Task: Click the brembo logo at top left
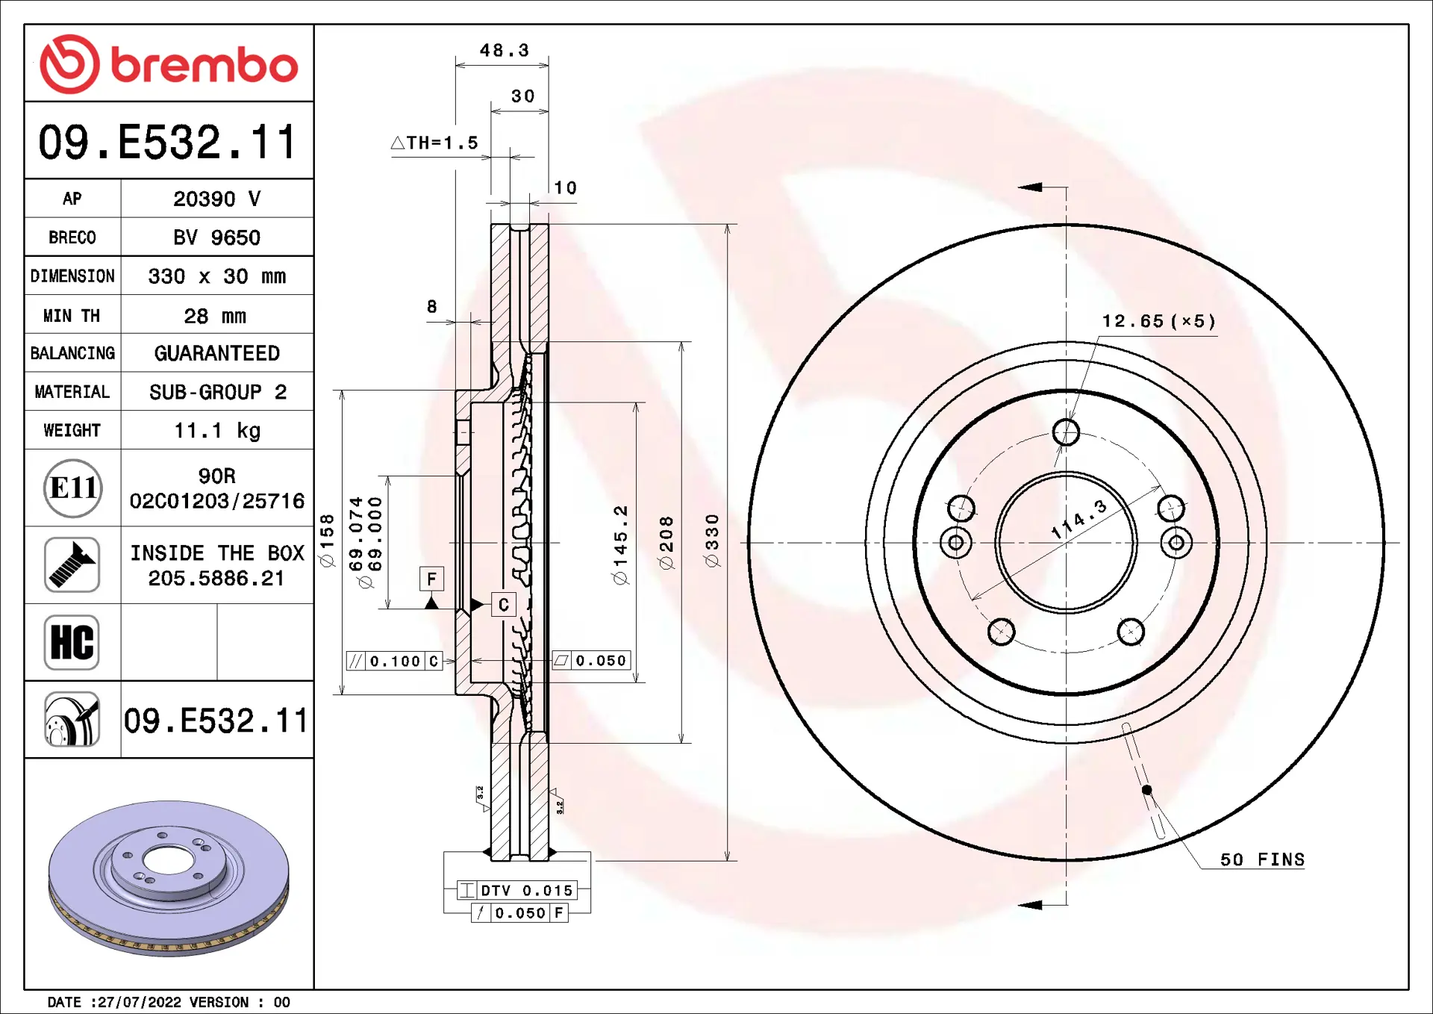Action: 169,64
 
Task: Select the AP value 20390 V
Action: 216,199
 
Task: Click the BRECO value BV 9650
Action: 216,237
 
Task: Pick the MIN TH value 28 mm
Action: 215,316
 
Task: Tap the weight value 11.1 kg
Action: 217,431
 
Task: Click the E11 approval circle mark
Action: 72,488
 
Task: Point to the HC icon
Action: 72,642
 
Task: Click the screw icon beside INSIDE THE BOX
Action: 72,564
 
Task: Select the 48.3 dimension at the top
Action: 505,50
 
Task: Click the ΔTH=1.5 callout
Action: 434,143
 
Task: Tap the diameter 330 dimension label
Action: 712,541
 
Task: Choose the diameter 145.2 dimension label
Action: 620,545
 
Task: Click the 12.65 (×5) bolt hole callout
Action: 1159,321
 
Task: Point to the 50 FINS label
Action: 1263,859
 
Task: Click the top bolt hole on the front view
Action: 1066,432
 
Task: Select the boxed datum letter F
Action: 431,579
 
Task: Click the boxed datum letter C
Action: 504,604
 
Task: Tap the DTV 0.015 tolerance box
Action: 517,890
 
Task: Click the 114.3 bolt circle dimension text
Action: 1079,520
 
